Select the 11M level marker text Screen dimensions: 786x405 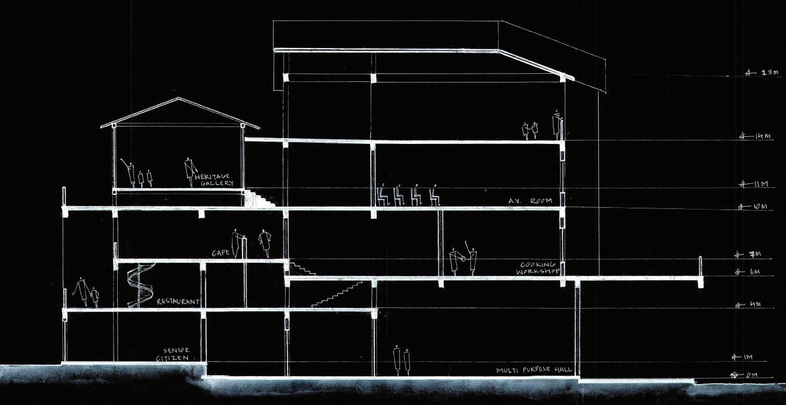click(761, 184)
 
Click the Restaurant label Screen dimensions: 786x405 click(178, 302)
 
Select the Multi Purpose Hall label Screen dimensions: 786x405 click(534, 371)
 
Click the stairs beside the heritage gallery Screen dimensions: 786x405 click(260, 198)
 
